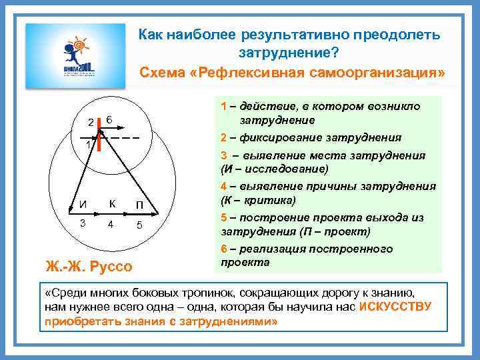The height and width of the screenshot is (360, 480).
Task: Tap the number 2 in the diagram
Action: coord(91,122)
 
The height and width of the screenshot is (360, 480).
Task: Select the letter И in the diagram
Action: coord(81,204)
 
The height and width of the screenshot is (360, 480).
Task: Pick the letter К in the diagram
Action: coord(112,203)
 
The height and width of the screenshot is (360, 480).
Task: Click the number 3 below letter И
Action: coord(82,223)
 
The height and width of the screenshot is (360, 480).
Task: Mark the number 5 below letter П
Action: coord(139,225)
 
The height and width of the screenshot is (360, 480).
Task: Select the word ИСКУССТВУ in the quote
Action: coord(395,307)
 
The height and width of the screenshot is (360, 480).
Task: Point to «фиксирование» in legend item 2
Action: coord(281,138)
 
